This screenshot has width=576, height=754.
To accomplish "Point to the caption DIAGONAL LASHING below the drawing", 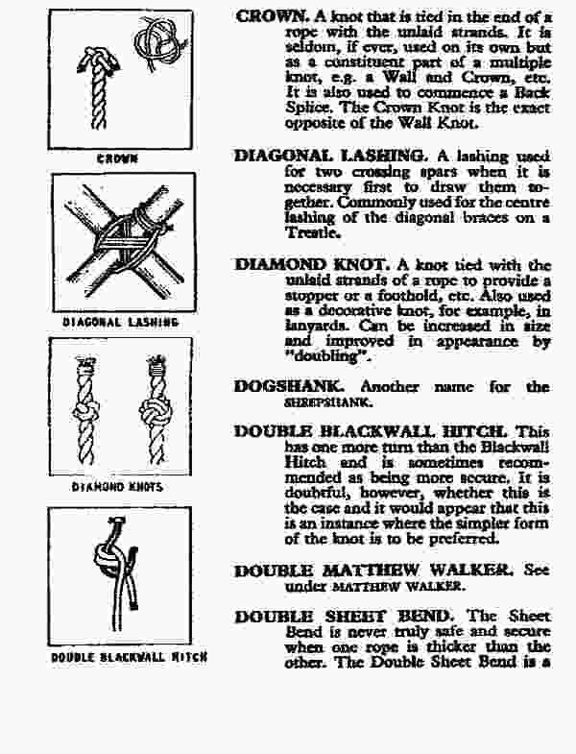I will click(120, 323).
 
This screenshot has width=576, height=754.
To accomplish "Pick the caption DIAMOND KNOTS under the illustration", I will click(118, 487).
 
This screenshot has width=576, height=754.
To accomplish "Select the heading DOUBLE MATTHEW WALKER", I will click(376, 570).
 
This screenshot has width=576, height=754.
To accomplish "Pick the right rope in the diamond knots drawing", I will click(156, 413).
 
